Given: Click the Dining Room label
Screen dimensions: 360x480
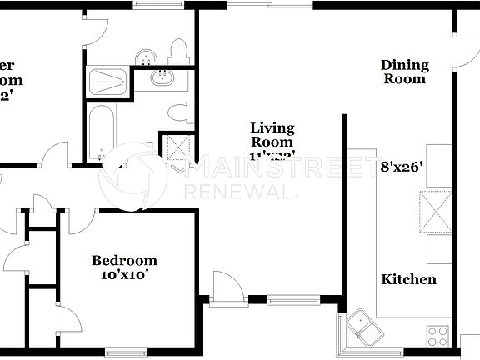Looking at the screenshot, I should point(404,72).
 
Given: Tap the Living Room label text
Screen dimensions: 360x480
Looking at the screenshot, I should point(272,135).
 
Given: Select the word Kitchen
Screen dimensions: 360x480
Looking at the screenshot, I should point(408,279).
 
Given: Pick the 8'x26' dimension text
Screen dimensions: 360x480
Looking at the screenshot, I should point(402,166).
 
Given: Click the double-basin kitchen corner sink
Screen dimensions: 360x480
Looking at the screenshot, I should point(365,325).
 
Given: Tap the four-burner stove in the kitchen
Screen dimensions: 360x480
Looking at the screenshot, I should point(438,336).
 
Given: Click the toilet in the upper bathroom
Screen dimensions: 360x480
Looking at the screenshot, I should point(178,52).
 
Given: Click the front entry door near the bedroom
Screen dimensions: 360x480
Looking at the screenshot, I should point(226,288).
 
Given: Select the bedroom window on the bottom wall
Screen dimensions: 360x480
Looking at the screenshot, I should point(126,352).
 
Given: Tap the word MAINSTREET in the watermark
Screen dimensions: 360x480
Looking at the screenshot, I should point(282,169).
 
